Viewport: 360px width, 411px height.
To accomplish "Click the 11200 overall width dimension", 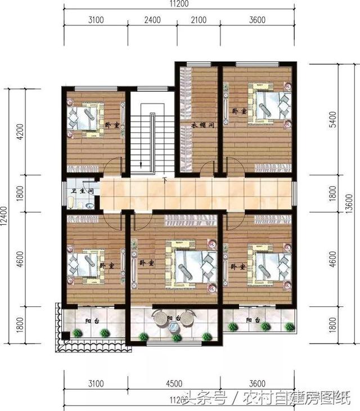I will (181, 4).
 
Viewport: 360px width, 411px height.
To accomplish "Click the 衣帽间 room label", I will (200, 125).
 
